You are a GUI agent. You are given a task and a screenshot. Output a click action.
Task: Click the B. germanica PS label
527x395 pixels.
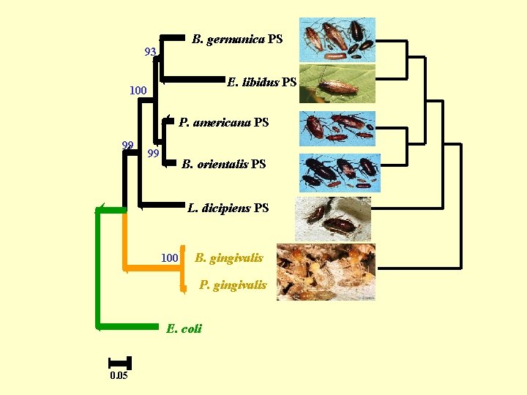tap(237, 39)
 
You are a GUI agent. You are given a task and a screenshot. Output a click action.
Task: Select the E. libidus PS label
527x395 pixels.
tap(261, 82)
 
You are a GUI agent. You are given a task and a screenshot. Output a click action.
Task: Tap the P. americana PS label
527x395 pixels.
tap(224, 122)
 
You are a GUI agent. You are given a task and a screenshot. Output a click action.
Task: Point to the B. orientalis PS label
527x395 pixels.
tap(224, 164)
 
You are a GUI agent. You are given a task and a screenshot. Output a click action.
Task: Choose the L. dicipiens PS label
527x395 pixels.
tap(228, 208)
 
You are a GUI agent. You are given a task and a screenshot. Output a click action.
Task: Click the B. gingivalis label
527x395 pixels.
tap(229, 257)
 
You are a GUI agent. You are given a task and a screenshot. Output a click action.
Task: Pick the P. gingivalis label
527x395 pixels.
tap(233, 285)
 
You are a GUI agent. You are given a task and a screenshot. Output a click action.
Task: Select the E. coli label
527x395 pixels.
tap(184, 328)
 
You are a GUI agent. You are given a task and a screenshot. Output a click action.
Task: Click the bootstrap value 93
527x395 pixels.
tap(150, 52)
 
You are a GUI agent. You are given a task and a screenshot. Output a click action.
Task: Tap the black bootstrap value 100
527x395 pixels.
tap(138, 91)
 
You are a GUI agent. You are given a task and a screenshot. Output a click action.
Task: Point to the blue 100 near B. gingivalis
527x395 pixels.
tap(169, 258)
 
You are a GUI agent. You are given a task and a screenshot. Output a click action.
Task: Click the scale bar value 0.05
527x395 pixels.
tap(119, 376)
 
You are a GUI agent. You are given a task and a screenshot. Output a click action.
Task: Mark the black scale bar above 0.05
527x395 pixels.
tap(119, 362)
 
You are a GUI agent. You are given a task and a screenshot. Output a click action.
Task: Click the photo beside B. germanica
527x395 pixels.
tap(337, 39)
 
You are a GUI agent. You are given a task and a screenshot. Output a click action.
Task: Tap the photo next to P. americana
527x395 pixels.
tap(337, 129)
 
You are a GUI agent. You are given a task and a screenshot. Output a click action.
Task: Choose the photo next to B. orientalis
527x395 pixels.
tap(339, 173)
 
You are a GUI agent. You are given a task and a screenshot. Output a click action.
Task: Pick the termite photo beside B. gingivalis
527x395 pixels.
tap(326, 271)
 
